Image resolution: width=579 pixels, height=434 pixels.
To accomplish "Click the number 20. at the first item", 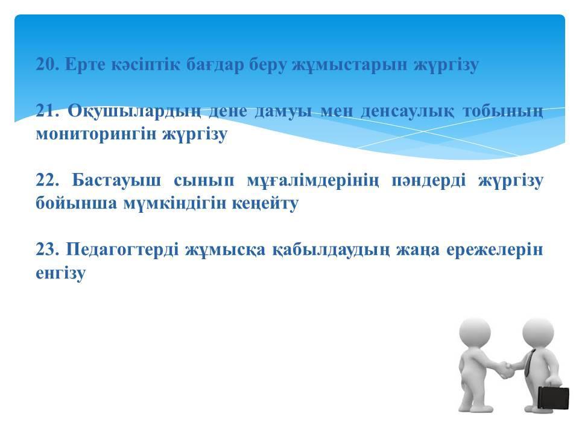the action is (48, 64).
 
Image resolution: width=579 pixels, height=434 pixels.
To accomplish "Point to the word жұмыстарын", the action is (348, 65).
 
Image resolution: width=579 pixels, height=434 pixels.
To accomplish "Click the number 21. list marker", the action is (48, 111).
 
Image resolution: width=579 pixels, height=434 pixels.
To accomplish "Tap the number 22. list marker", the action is (48, 180).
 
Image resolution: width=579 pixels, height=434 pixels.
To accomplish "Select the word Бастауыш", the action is (116, 180).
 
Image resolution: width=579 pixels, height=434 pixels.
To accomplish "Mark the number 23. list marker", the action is (48, 250).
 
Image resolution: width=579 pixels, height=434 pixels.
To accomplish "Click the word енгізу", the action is (60, 274).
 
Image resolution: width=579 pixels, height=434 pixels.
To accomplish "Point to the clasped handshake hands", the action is (503, 370).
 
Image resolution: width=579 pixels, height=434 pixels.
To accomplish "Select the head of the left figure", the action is (475, 332).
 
